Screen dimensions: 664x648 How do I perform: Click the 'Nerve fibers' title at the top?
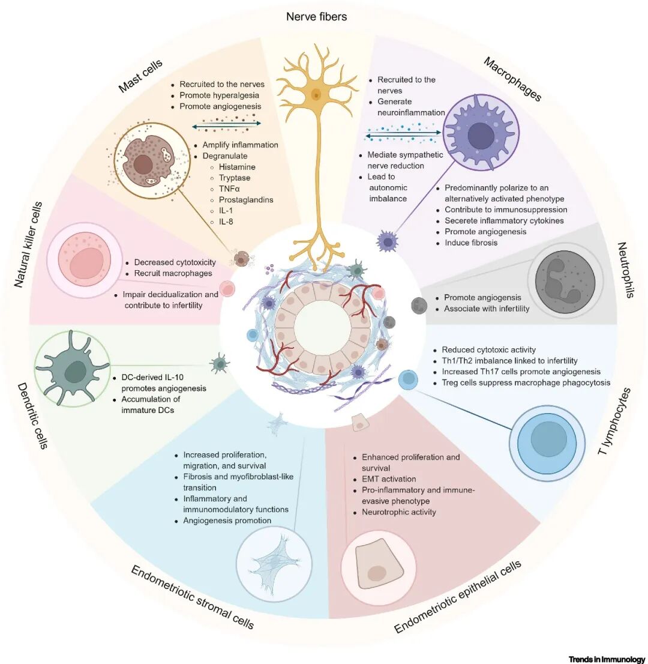click(316, 16)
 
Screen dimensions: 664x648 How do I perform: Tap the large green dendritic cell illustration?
click(73, 367)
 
